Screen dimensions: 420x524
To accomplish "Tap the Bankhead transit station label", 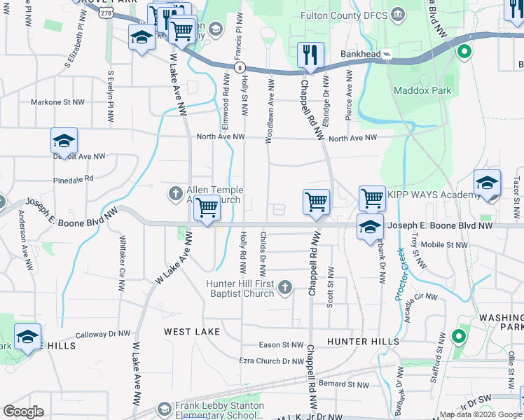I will point(361,53).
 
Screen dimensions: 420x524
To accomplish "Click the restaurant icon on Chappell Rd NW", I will point(310,55).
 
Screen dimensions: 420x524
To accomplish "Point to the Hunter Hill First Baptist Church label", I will point(238,288).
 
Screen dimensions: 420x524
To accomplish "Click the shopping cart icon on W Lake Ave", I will point(207,207).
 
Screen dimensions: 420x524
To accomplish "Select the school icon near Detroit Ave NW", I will point(64,141).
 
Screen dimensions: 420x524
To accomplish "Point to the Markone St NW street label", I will point(57,102).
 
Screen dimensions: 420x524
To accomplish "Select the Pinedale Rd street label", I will point(73,178).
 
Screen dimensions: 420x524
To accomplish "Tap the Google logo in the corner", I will point(24,412).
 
